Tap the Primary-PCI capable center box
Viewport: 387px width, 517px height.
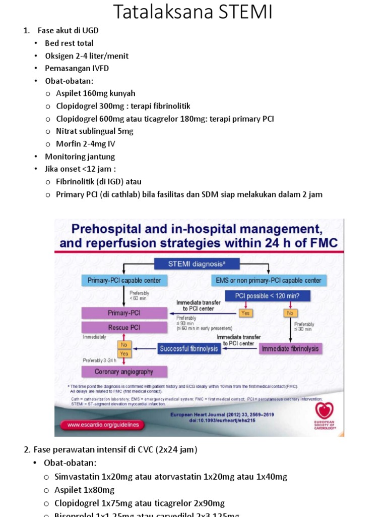tap(124, 280)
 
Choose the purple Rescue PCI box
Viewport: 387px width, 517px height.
tap(124, 327)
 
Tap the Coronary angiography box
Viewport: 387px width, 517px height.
tap(124, 372)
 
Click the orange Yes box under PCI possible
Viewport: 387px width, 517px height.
tap(245, 313)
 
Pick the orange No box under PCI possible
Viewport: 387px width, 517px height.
tap(290, 313)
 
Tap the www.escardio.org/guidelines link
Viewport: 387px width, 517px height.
tap(103, 425)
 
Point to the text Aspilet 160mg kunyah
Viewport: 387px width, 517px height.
tap(96, 93)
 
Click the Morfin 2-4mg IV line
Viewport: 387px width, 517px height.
tap(86, 144)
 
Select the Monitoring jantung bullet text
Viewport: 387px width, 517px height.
tap(80, 157)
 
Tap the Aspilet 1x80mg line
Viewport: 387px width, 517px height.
tap(85, 490)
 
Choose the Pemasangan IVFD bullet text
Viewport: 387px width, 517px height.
tap(77, 68)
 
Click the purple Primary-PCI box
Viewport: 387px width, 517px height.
tap(124, 313)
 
